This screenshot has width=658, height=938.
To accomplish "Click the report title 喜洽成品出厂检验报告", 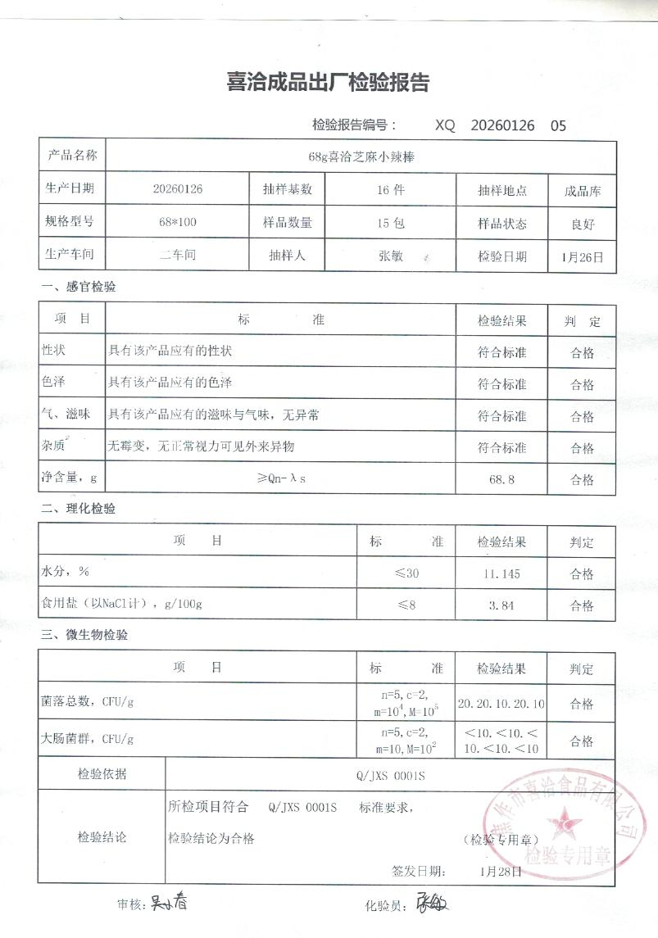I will pyautogui.click(x=328, y=83).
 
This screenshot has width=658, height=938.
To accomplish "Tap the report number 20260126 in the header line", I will pyautogui.click(x=502, y=125).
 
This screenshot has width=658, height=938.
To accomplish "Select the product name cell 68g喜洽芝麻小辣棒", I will pyautogui.click(x=361, y=156).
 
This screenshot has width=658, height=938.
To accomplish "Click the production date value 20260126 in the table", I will pyautogui.click(x=178, y=189).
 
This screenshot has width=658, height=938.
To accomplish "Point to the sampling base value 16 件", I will pyautogui.click(x=390, y=189).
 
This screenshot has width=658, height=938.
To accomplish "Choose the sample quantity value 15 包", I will pyautogui.click(x=390, y=223).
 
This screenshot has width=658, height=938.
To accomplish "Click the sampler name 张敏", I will pyautogui.click(x=390, y=256).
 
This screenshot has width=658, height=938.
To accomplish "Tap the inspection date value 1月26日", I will pyautogui.click(x=583, y=256).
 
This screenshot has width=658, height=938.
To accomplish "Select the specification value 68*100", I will pyautogui.click(x=178, y=223).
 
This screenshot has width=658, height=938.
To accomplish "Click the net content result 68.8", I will pyautogui.click(x=501, y=479).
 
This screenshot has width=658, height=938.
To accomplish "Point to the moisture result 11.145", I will pyautogui.click(x=501, y=573).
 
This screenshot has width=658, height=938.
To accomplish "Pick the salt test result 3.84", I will pyautogui.click(x=501, y=605).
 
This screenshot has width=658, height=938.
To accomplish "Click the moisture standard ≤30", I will pyautogui.click(x=406, y=573).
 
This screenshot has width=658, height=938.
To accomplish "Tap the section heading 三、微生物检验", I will pyautogui.click(x=84, y=635).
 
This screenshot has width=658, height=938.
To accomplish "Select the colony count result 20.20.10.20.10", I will pyautogui.click(x=501, y=704).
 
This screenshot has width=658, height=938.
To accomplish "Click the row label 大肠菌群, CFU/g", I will pyautogui.click(x=87, y=739).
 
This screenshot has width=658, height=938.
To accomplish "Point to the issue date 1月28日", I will pyautogui.click(x=501, y=871).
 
